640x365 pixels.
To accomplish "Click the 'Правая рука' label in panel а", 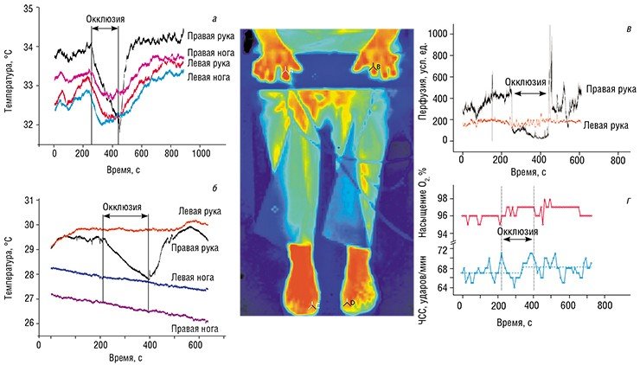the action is [x=211, y=36].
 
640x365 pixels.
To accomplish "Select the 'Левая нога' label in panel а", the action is [x=208, y=77].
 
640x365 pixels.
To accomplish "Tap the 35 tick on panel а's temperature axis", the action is [x=29, y=9].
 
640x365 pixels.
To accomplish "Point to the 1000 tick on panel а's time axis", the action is [x=202, y=153].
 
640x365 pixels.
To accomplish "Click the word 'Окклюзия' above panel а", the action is [x=106, y=19].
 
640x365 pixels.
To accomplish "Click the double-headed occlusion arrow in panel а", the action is [x=105, y=29].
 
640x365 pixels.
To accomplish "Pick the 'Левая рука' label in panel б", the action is [x=200, y=211].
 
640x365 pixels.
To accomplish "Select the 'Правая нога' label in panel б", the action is [x=195, y=329].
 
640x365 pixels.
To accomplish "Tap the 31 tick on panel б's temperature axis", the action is [x=29, y=201].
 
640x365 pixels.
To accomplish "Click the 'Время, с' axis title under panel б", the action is [x=126, y=358].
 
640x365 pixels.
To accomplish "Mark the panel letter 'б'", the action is [x=214, y=189].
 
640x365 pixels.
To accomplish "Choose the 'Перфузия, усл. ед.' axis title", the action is [x=422, y=75].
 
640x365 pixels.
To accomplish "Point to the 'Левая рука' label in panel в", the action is [x=605, y=125].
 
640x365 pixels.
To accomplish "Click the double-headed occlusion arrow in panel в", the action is [x=530, y=93].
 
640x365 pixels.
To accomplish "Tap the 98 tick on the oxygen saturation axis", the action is [x=442, y=198].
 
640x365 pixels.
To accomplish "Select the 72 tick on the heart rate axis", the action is [x=442, y=250].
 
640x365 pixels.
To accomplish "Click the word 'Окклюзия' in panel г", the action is [x=517, y=232].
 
